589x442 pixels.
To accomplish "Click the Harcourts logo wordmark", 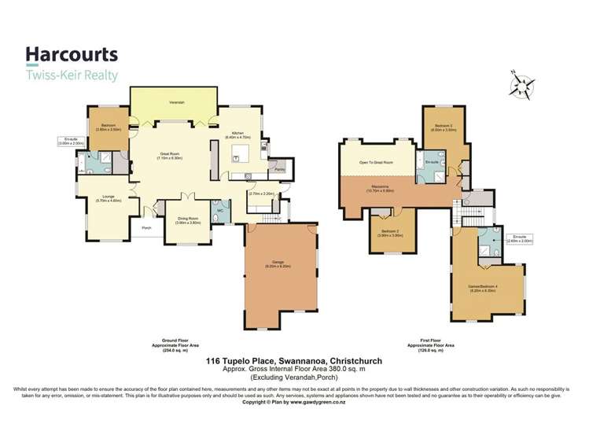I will pyautogui.click(x=72, y=53).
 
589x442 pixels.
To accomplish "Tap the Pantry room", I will pyautogui.click(x=279, y=168).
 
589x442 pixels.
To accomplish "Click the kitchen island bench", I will pyautogui.click(x=237, y=157).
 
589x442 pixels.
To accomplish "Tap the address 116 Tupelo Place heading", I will pyautogui.click(x=294, y=360).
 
